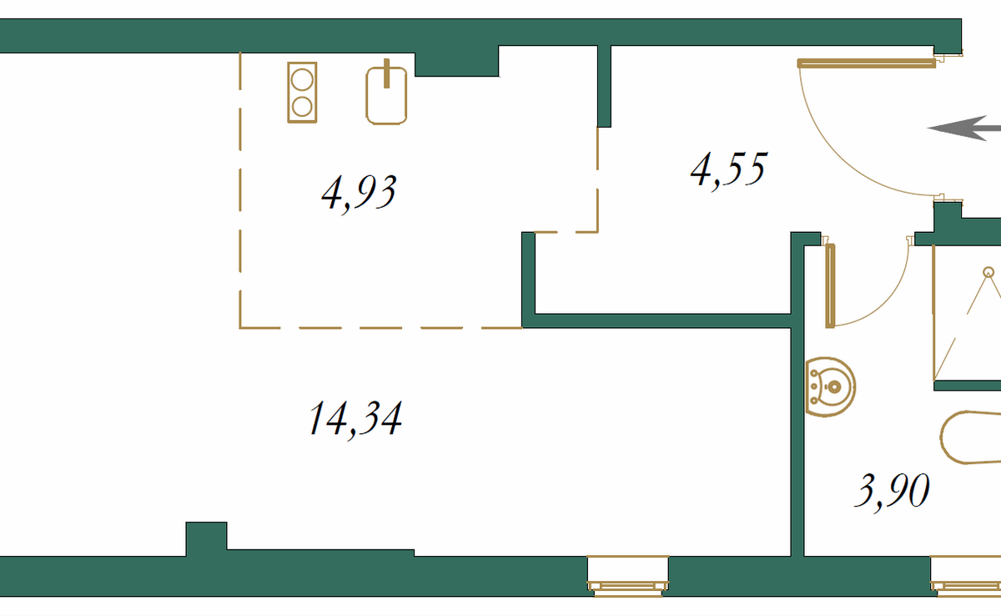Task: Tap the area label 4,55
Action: click(x=727, y=171)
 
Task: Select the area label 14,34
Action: click(x=355, y=418)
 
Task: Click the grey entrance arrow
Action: click(x=963, y=129)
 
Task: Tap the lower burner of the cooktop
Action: click(x=302, y=107)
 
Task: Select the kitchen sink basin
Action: click(x=387, y=98)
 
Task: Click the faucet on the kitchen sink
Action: click(x=387, y=73)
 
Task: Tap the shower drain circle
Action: click(x=989, y=272)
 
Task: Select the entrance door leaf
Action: click(x=865, y=63)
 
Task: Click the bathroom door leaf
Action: click(x=829, y=284)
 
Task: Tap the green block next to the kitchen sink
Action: click(x=456, y=61)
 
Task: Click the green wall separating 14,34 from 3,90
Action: click(x=797, y=434)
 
